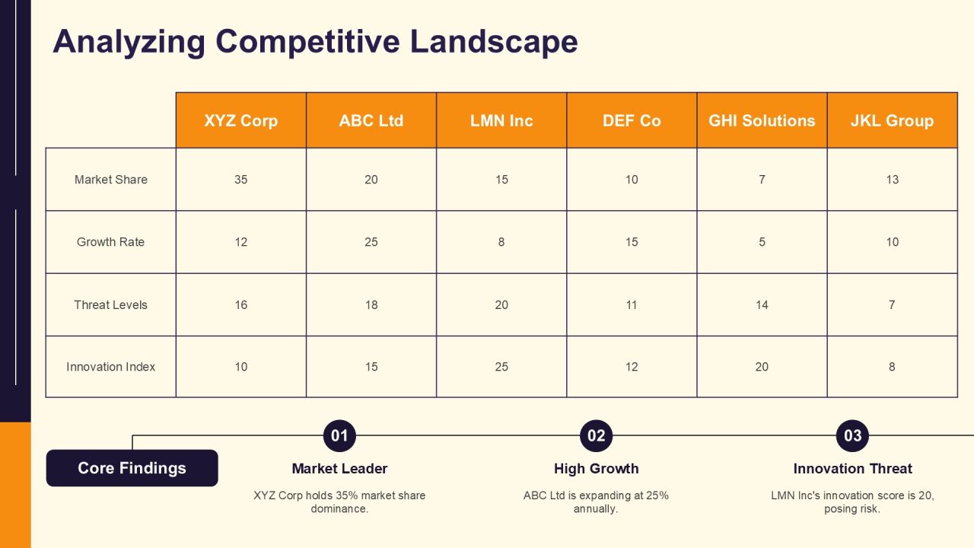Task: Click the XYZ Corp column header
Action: [x=241, y=120]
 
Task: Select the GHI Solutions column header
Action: [x=762, y=120]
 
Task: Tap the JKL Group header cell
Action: [x=893, y=120]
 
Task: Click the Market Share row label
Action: [x=111, y=180]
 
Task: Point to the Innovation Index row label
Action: [x=110, y=367]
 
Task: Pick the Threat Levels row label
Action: [x=110, y=305]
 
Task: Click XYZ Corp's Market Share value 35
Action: [x=241, y=180]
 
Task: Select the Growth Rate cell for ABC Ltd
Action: [x=371, y=242]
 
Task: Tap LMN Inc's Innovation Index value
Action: [x=501, y=367]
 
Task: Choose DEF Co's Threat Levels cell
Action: [x=632, y=305]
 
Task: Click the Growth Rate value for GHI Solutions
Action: [x=762, y=242]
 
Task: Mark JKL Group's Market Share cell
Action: [x=893, y=180]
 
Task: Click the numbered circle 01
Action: [x=339, y=436]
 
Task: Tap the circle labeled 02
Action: [x=596, y=436]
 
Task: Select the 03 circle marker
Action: [x=852, y=436]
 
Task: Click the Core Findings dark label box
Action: [x=132, y=468]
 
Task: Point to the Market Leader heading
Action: [x=339, y=469]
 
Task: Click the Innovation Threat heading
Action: [x=853, y=469]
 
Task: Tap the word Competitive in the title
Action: [x=307, y=42]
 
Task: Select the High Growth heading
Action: [x=596, y=469]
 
